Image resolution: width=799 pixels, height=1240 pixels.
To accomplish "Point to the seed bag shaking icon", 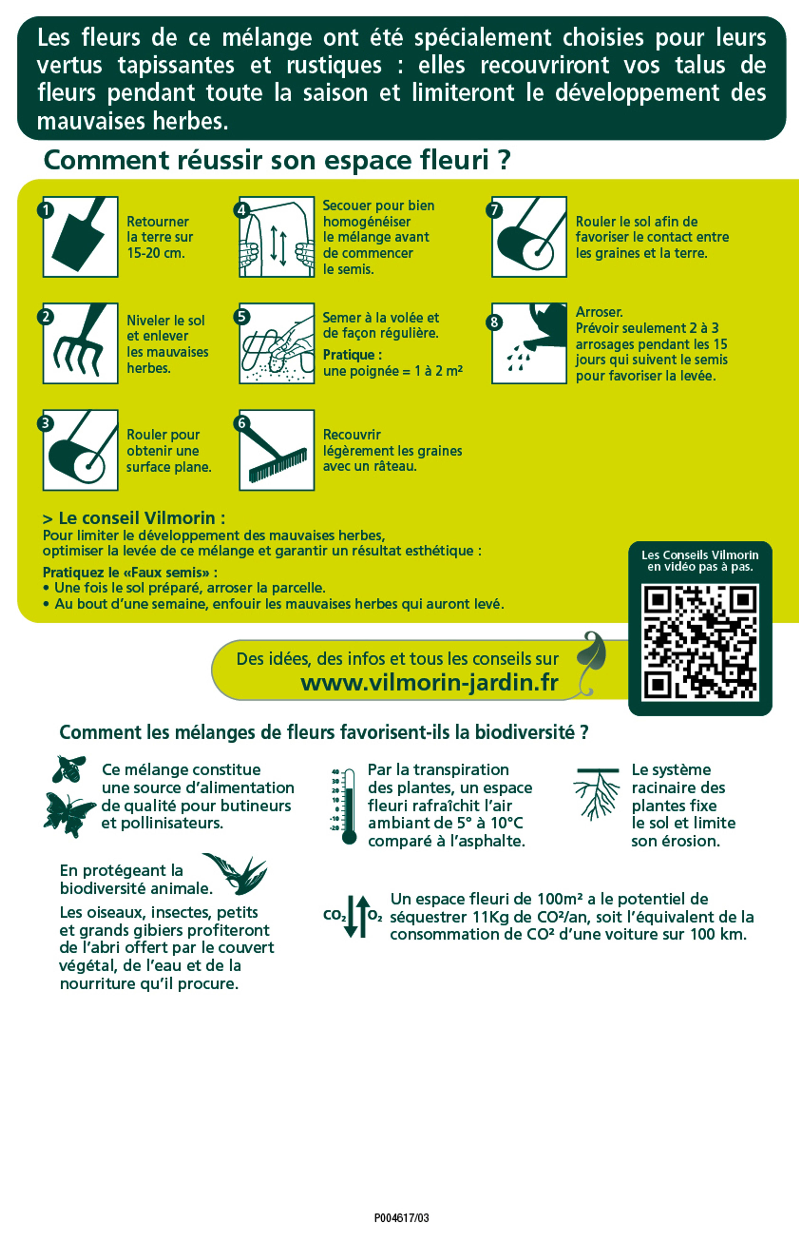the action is click(x=277, y=237).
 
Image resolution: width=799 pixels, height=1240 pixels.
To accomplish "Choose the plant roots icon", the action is click(x=597, y=793).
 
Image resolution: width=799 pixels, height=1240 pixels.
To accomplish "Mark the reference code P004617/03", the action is click(x=402, y=1218).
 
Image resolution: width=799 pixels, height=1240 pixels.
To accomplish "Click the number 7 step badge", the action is click(x=494, y=210).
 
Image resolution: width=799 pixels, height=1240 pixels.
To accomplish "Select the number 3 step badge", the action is click(x=45, y=423).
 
